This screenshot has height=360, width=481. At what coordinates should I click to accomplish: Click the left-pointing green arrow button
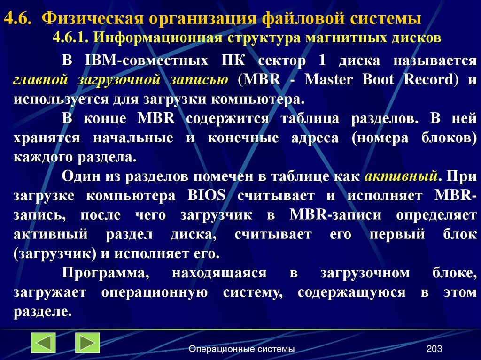(43, 343)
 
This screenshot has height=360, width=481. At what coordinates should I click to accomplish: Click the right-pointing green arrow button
(87, 343)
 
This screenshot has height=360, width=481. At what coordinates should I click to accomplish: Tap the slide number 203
(434, 349)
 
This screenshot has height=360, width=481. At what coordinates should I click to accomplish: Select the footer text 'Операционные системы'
(241, 349)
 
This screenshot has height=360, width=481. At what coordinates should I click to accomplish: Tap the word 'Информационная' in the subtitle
(149, 37)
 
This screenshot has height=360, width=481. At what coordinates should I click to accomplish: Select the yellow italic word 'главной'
(38, 80)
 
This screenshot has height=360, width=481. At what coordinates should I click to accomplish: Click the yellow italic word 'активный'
(402, 176)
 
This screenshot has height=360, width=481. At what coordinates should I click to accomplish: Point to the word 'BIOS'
(206, 196)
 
